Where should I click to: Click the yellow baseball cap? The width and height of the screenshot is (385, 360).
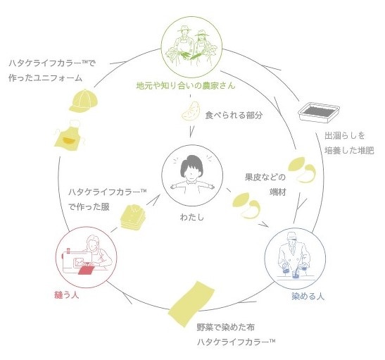[84, 101]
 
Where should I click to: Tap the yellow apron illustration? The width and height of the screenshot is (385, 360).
[70, 135]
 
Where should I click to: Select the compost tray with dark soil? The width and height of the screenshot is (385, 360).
[319, 113]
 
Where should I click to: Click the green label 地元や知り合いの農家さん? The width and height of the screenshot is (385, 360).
[186, 85]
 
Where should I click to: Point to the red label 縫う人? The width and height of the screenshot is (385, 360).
[67, 294]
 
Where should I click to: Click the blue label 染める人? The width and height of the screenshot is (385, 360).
[308, 296]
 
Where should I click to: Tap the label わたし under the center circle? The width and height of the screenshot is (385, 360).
[192, 217]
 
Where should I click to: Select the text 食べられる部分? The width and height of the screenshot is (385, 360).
[234, 115]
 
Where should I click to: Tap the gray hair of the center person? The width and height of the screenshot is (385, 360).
[191, 165]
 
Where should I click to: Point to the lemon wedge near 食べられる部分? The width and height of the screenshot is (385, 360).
[191, 111]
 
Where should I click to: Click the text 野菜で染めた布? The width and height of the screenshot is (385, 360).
[226, 327]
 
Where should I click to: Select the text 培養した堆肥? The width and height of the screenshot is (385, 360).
[349, 150]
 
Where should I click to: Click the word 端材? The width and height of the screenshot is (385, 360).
[278, 192]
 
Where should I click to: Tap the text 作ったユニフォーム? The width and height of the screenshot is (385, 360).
[46, 78]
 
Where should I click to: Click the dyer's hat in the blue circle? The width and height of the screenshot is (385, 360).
[291, 236]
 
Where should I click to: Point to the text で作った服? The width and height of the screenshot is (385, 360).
[89, 206]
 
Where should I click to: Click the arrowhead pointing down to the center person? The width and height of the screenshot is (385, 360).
[191, 131]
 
